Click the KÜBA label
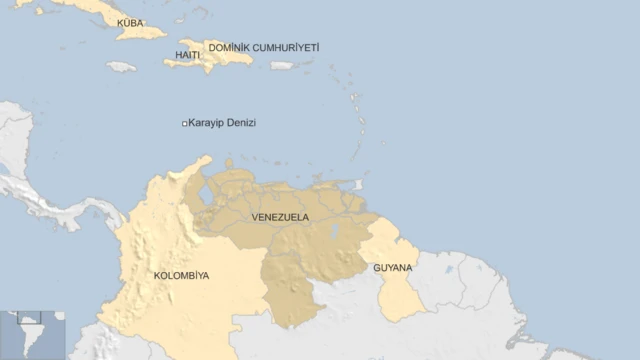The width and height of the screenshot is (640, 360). click(x=130, y=22)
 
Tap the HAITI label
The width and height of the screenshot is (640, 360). click(x=187, y=55)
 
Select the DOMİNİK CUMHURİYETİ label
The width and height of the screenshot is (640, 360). click(x=264, y=47)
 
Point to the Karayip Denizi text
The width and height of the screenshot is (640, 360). click(x=222, y=123)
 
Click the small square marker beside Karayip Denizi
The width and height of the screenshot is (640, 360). click(x=184, y=123)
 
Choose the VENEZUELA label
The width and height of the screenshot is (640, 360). click(x=280, y=217)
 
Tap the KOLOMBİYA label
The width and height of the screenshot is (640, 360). click(x=181, y=275)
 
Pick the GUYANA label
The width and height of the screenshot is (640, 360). click(x=392, y=268)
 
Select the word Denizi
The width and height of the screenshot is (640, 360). click(x=241, y=123)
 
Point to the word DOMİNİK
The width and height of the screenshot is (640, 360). click(x=229, y=47)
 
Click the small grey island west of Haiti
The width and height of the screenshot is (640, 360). click(x=121, y=67)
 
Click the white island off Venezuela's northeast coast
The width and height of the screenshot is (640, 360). click(x=358, y=185)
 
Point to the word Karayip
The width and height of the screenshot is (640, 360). click(x=205, y=123)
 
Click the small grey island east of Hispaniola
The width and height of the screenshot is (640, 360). click(x=283, y=65)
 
